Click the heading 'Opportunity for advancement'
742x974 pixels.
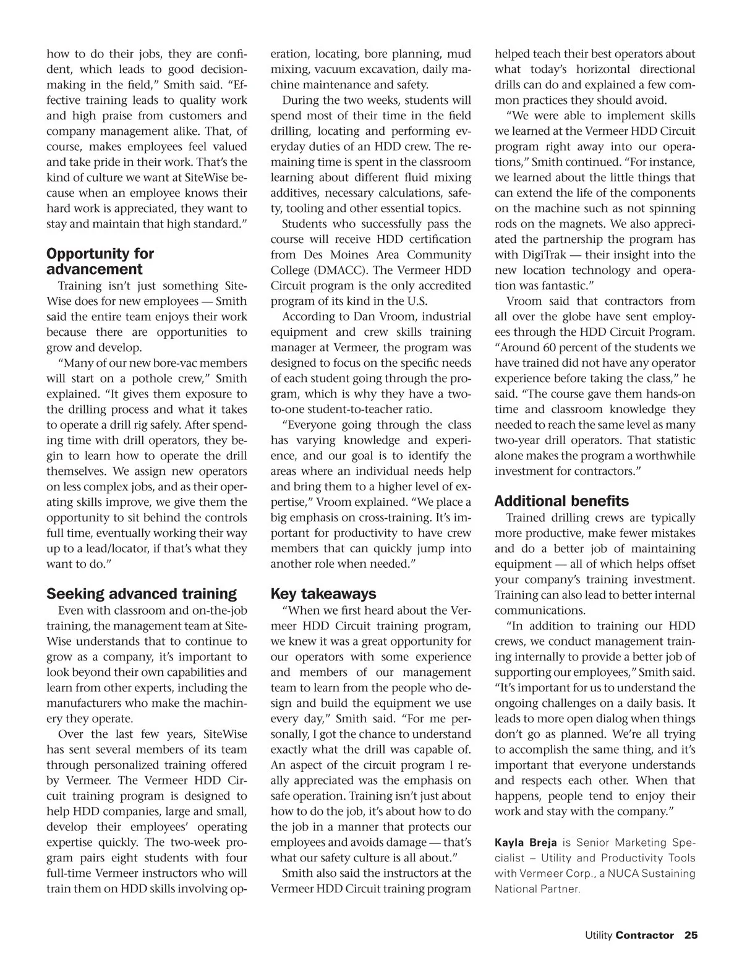tap(100, 262)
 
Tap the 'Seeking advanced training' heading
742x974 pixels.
tap(142, 594)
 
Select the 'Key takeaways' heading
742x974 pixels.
tap(323, 594)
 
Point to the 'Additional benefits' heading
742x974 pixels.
tap(561, 502)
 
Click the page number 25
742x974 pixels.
tap(691, 936)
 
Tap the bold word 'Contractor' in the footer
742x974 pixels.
tap(644, 936)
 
